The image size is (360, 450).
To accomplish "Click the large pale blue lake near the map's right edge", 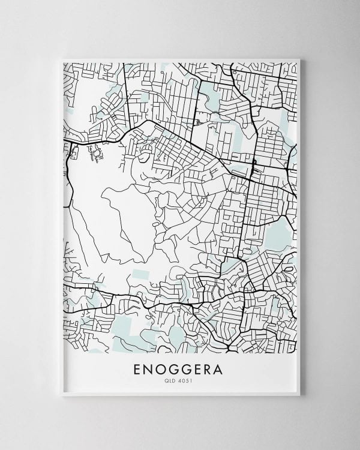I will [x=277, y=231].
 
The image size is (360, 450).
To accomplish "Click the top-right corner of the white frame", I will [x=301, y=59].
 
